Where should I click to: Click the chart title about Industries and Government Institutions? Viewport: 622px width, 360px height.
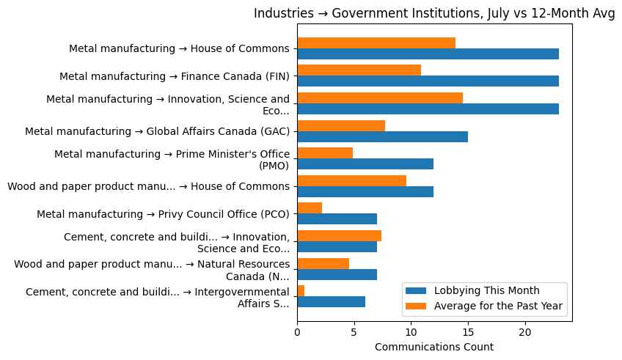pyautogui.click(x=434, y=14)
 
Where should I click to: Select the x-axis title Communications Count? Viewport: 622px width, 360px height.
pyautogui.click(x=434, y=347)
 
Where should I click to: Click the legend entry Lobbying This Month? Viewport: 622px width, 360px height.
pyautogui.click(x=486, y=290)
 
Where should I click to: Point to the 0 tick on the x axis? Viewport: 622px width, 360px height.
pyautogui.click(x=297, y=332)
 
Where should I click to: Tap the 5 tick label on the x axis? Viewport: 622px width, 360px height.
pyautogui.click(x=354, y=332)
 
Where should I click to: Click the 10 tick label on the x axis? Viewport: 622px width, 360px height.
pyautogui.click(x=411, y=332)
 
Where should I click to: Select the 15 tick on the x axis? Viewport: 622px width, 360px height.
pyautogui.click(x=468, y=332)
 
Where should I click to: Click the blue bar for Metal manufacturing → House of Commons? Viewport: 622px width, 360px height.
pyautogui.click(x=428, y=54)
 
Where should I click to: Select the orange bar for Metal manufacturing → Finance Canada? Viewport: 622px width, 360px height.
pyautogui.click(x=359, y=70)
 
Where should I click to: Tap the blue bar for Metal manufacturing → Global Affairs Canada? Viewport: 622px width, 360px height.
pyautogui.click(x=382, y=136)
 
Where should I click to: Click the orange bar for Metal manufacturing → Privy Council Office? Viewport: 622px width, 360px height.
pyautogui.click(x=310, y=208)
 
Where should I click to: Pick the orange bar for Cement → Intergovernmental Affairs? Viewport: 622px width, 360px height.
pyautogui.click(x=301, y=291)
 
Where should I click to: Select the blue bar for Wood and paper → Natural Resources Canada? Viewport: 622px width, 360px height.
pyautogui.click(x=337, y=274)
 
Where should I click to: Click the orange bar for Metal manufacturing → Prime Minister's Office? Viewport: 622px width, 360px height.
pyautogui.click(x=325, y=153)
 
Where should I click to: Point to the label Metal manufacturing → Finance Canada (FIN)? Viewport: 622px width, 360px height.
pyautogui.click(x=175, y=76)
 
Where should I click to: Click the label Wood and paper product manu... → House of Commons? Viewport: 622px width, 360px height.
pyautogui.click(x=149, y=186)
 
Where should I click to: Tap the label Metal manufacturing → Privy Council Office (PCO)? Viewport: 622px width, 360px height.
pyautogui.click(x=164, y=214)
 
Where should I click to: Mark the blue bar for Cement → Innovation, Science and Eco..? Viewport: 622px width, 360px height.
pyautogui.click(x=337, y=247)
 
